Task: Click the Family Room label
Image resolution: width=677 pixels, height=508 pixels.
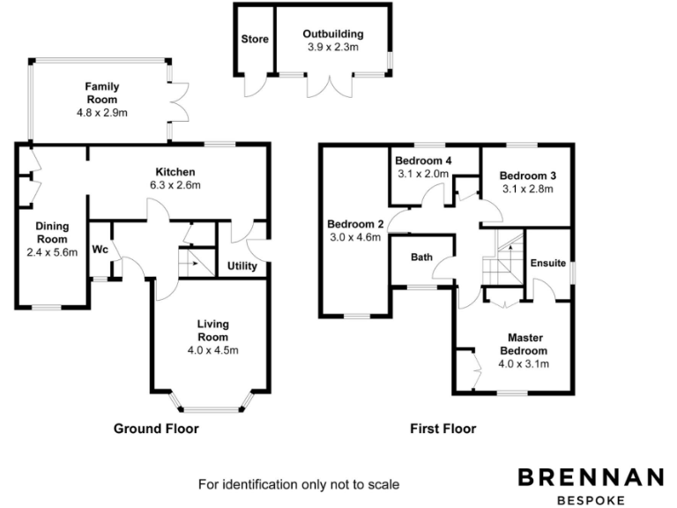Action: coord(102,93)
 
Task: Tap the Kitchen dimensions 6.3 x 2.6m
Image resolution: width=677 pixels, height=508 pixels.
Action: coord(175,185)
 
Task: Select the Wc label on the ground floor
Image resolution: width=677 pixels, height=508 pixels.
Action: coord(100,250)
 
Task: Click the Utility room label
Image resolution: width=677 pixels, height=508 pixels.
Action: coord(242,265)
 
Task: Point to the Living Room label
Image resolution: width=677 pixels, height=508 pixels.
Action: coord(213,331)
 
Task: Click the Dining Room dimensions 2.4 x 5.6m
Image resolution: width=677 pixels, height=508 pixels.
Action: coord(52,252)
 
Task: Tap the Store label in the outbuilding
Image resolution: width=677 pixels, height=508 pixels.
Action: coord(255,39)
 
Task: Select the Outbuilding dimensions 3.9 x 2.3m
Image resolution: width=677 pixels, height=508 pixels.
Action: coord(332,47)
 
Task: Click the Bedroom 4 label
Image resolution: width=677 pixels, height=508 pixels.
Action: coord(423,161)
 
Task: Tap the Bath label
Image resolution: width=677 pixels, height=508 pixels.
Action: coord(421,258)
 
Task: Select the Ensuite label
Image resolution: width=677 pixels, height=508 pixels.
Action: coord(547,263)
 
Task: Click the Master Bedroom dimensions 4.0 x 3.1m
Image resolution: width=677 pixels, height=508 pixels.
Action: coord(524,363)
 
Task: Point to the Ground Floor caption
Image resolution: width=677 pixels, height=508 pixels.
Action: coord(156,429)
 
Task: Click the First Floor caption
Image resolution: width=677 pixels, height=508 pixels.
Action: coord(443,429)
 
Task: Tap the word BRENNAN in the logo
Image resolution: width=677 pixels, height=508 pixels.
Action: coord(590,478)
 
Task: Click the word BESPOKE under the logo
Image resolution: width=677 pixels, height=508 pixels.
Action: coord(590,500)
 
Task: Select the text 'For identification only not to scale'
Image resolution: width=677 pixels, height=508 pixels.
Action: coord(299,484)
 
